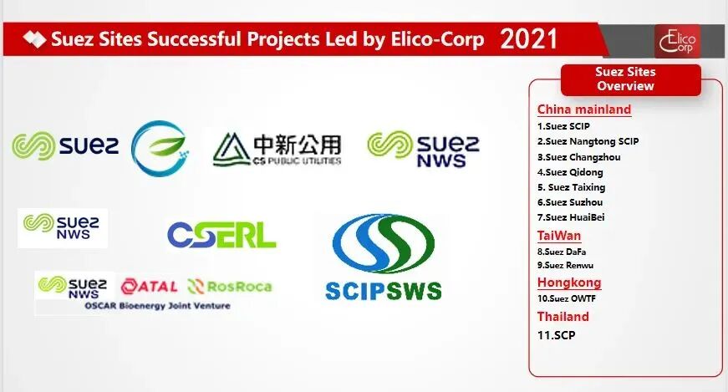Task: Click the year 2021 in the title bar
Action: point(528,38)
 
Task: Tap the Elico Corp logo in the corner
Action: point(677,41)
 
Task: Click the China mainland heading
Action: point(584,109)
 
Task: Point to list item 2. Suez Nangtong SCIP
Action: point(588,141)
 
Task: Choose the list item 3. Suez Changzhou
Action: point(578,157)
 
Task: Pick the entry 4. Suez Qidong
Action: point(570,172)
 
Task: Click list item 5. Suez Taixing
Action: point(571,187)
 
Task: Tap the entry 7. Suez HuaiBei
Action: point(571,217)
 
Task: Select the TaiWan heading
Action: point(559,236)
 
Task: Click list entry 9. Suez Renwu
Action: point(565,266)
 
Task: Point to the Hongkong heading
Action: point(569,283)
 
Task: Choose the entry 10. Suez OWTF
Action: point(567,298)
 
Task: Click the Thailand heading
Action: point(563,317)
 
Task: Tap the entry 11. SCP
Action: point(556,335)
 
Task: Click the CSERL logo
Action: point(221,235)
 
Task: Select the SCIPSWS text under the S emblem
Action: point(384,291)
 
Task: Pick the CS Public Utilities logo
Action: point(277,150)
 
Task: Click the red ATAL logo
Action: point(149,287)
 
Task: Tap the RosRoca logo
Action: point(230,287)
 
